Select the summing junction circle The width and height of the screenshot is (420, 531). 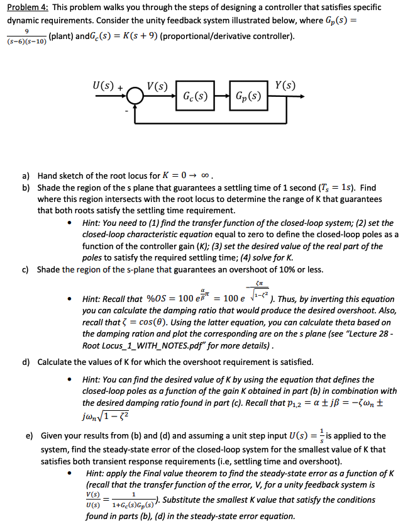click(x=135, y=97)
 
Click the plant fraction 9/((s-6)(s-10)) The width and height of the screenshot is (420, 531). click(x=23, y=35)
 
